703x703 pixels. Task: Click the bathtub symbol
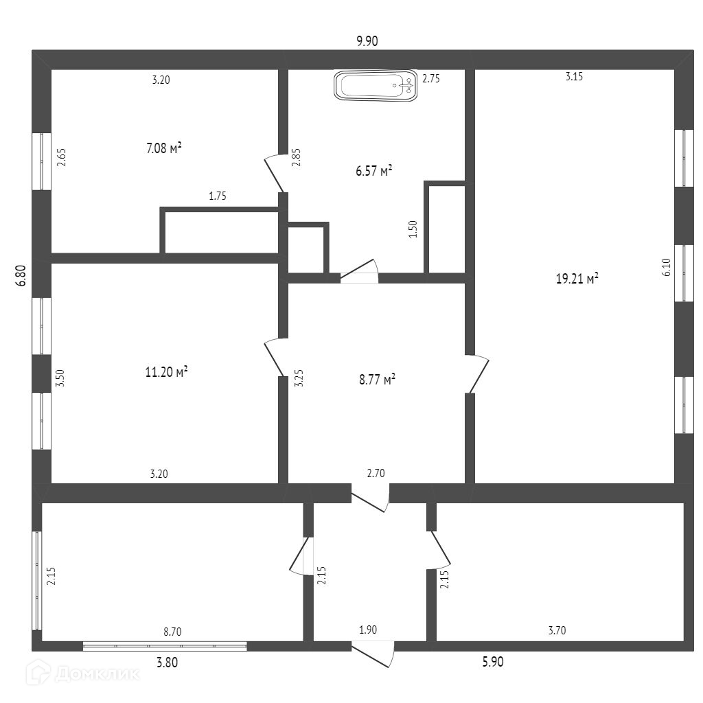coord(376,87)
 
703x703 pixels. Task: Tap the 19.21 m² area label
coord(577,279)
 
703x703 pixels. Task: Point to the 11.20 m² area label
coord(167,372)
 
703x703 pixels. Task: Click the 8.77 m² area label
coord(377,379)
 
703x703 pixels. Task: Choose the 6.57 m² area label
coord(374,170)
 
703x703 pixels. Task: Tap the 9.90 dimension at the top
coord(367,41)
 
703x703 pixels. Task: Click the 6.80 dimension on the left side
coord(21,275)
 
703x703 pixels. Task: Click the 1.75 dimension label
coord(218,196)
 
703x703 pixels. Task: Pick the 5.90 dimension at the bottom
coord(493,662)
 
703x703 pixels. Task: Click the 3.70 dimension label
coord(557,631)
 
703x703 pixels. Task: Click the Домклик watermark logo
coord(83,673)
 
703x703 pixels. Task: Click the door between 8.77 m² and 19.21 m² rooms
coord(478,373)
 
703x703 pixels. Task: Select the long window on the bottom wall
coord(165,645)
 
